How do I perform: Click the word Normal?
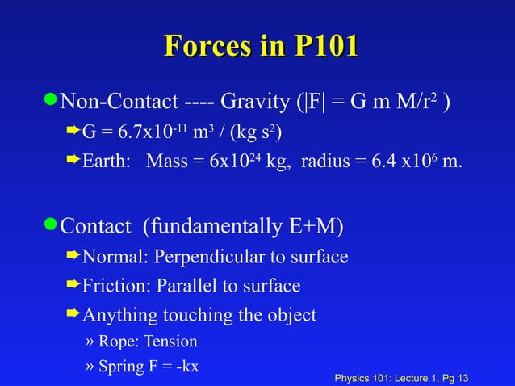[x=112, y=258]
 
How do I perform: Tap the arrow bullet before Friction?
[x=73, y=285]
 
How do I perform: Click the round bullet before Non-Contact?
[x=52, y=103]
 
